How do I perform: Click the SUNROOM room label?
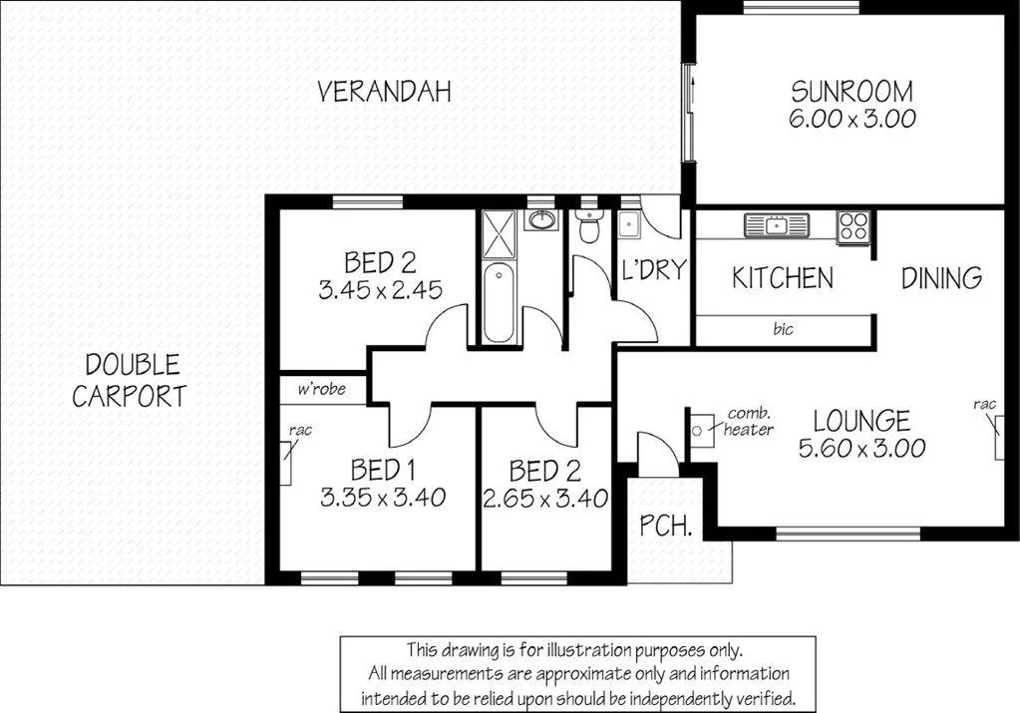click(850, 92)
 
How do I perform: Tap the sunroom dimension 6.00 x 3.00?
click(850, 119)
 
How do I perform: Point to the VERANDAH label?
click(384, 92)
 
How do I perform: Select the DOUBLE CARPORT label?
click(129, 380)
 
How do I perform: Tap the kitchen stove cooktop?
click(852, 227)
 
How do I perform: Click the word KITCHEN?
click(782, 277)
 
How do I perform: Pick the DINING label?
click(941, 277)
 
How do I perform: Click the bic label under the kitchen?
click(784, 328)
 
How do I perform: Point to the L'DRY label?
click(653, 269)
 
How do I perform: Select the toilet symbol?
click(589, 227)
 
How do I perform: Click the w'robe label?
click(322, 389)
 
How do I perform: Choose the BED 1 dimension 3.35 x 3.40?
click(382, 497)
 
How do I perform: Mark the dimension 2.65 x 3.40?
click(544, 498)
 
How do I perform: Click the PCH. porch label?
click(665, 526)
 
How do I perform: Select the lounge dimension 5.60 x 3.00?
click(861, 448)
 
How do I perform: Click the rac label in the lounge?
click(985, 404)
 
